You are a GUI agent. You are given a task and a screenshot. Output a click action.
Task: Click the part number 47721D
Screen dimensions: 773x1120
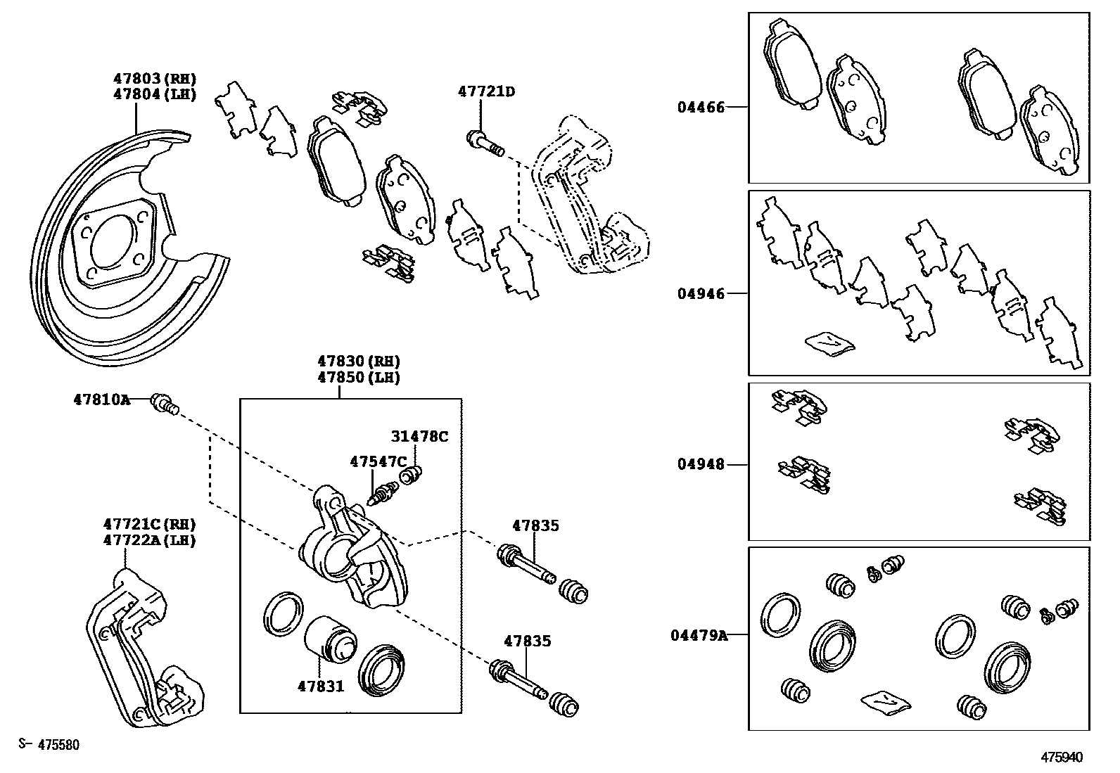(x=486, y=91)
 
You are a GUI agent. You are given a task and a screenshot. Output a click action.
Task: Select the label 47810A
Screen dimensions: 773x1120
(x=101, y=400)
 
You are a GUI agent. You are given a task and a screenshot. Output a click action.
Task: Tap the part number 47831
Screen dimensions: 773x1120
(x=320, y=685)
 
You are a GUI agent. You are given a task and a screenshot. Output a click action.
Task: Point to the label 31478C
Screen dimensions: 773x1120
(x=419, y=436)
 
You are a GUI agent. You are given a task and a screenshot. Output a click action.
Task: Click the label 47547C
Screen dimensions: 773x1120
(x=378, y=461)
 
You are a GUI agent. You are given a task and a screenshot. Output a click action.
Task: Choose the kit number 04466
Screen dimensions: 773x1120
(x=701, y=108)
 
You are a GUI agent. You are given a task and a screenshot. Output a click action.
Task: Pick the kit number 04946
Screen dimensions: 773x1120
(x=701, y=293)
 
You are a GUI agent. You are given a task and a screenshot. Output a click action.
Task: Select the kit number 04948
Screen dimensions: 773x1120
(x=701, y=464)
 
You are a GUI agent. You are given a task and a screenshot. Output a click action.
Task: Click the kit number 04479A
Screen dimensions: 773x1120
(x=698, y=636)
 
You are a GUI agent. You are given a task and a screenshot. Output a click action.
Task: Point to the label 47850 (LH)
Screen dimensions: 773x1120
(x=358, y=377)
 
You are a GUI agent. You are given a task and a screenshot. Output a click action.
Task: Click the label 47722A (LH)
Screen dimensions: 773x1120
(x=149, y=540)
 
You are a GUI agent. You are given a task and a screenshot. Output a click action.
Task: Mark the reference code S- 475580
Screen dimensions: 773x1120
(x=49, y=745)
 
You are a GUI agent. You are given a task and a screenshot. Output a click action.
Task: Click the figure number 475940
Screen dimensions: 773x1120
(x=1062, y=758)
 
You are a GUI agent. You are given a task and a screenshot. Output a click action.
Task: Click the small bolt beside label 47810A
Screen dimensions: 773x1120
(x=165, y=404)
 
